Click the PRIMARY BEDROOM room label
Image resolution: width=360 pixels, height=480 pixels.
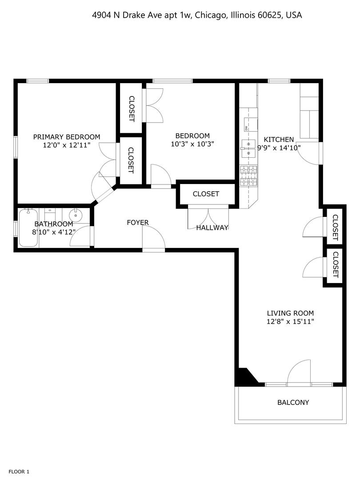(x=67, y=137)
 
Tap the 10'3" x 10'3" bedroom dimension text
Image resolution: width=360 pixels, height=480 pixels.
(x=192, y=144)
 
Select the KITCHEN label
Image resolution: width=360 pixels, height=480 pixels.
(x=279, y=139)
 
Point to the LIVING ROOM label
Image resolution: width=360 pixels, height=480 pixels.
(x=290, y=313)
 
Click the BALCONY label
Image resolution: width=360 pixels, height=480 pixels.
(x=293, y=403)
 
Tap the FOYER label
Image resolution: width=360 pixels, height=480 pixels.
(x=138, y=222)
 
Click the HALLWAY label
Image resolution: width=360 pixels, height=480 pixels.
(x=212, y=228)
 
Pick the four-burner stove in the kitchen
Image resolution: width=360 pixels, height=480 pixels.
(x=248, y=175)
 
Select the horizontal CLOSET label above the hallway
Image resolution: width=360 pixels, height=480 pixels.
(x=206, y=194)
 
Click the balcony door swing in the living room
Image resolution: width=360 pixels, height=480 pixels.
(x=299, y=372)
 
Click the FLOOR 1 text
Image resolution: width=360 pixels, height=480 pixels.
(x=19, y=472)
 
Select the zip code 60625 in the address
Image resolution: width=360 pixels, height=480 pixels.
(x=270, y=15)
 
